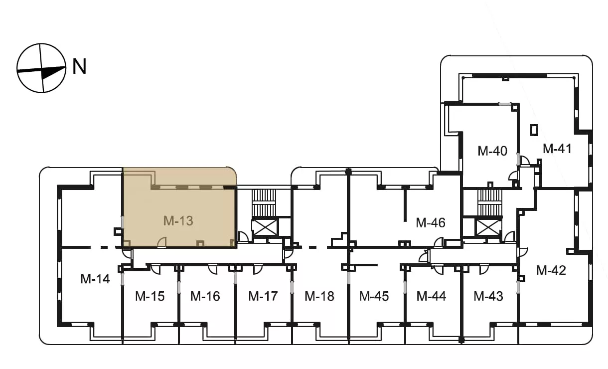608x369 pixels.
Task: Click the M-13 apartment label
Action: click(x=178, y=221)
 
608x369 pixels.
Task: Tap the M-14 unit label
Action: click(x=95, y=279)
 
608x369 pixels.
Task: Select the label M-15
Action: click(x=150, y=296)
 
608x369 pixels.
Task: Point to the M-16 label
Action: click(x=205, y=296)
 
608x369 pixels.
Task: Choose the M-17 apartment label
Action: click(x=263, y=296)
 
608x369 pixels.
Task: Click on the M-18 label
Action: click(x=319, y=296)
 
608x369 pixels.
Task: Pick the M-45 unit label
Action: click(x=374, y=296)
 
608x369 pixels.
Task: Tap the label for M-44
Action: click(x=431, y=296)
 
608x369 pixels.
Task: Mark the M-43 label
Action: click(x=488, y=296)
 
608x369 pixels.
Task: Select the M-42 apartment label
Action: click(x=551, y=271)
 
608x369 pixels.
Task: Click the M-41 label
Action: click(x=557, y=149)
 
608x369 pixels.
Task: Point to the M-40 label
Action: click(x=492, y=151)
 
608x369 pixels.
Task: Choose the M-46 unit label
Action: click(x=431, y=223)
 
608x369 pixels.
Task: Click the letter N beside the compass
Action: click(x=79, y=66)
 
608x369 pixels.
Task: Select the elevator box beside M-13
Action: click(x=265, y=227)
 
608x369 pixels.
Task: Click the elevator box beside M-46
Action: click(x=488, y=227)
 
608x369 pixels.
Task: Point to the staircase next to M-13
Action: click(x=264, y=203)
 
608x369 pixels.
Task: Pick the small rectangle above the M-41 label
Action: click(x=534, y=130)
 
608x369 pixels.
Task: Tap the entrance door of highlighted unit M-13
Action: click(x=162, y=242)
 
